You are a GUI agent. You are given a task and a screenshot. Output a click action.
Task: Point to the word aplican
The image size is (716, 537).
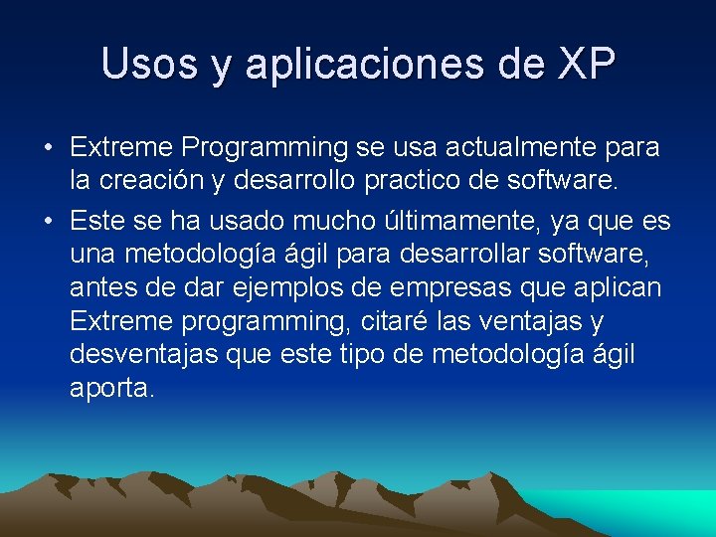pyautogui.click(x=616, y=287)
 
